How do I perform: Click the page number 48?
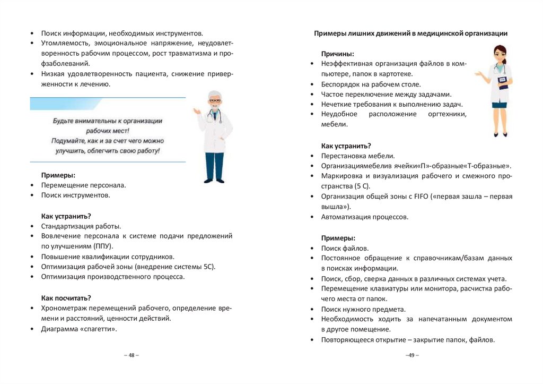tap(131, 355)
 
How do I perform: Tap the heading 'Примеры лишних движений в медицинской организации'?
tap(410, 33)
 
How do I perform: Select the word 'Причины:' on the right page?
tap(337, 54)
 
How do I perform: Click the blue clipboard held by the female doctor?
tap(503, 82)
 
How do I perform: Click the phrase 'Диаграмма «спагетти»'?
tap(78, 329)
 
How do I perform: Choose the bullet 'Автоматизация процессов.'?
tap(364, 217)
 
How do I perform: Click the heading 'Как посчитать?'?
tap(66, 298)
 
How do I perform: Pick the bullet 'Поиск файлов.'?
tap(344, 248)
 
